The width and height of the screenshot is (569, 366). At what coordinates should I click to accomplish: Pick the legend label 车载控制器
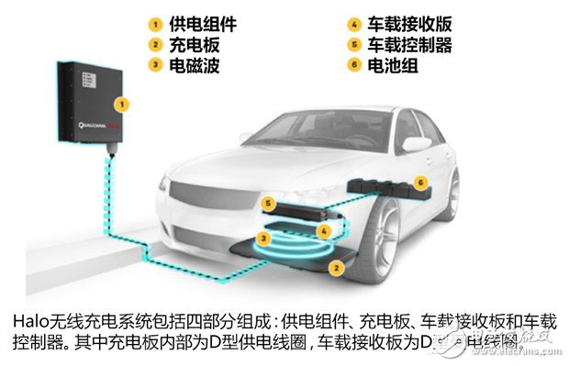pos(413,44)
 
